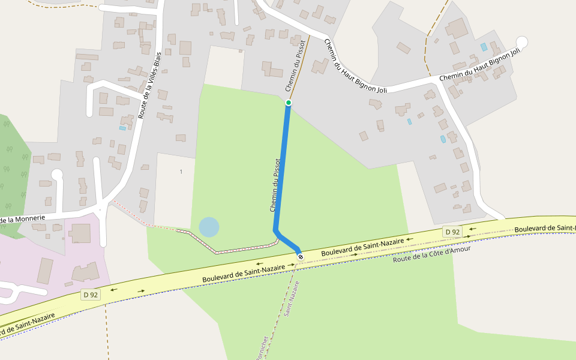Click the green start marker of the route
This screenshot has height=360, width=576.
pos(289,103)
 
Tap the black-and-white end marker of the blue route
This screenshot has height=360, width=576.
pos(301,257)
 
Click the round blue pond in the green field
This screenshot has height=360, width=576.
pos(209,227)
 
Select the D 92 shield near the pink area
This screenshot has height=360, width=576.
pos(91,295)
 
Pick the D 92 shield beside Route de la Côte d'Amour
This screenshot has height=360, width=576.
pos(452,232)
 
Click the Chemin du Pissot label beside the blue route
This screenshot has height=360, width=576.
pos(275,185)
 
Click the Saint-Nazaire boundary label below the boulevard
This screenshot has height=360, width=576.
pos(292,298)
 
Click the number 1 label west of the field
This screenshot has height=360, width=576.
pos(181,172)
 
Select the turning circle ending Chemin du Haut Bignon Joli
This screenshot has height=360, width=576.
pos(522,42)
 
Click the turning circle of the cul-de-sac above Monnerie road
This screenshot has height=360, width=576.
pos(57,175)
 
